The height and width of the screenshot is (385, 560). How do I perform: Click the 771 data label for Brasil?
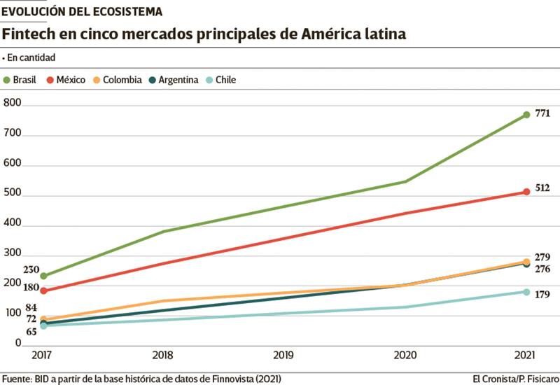[x=542, y=113]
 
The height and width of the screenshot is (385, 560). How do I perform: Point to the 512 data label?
[x=542, y=188]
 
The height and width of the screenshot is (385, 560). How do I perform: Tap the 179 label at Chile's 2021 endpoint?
[x=542, y=294]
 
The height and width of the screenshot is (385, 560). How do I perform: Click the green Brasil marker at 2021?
[x=526, y=115]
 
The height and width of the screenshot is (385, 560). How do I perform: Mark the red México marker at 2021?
[x=526, y=192]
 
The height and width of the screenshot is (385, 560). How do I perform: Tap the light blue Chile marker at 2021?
[x=526, y=292]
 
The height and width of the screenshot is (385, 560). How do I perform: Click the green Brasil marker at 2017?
[x=43, y=276]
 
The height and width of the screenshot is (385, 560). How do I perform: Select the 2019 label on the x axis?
[x=284, y=356]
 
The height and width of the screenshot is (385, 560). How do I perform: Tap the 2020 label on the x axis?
[x=405, y=356]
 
